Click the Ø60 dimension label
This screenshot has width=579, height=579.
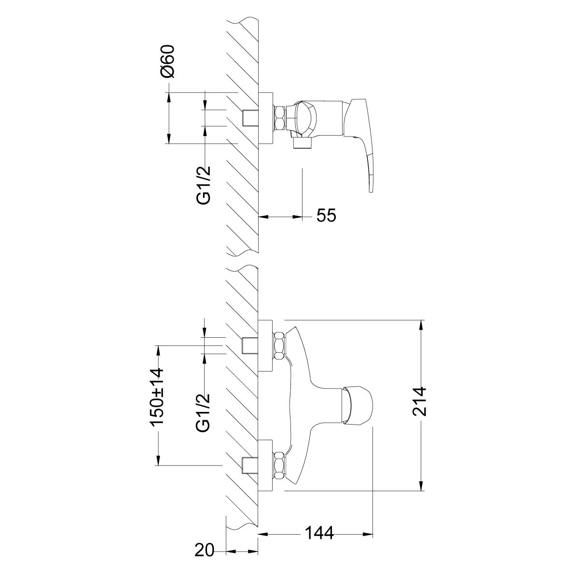pos(167,61)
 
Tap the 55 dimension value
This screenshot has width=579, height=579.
pos(326,215)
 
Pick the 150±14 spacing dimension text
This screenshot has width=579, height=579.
pos(157,397)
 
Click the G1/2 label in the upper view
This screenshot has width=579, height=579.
pos(204,185)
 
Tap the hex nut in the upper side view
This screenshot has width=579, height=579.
pos(279,118)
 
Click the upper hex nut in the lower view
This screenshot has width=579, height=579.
pos(279,345)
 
